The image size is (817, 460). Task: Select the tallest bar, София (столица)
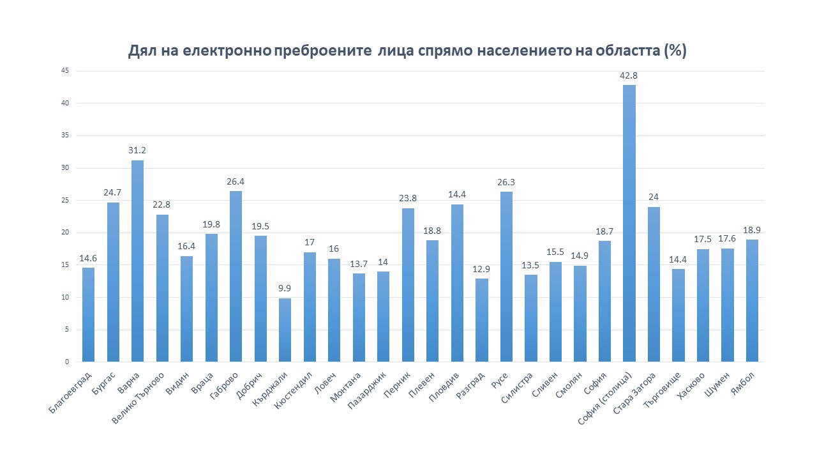[x=629, y=223]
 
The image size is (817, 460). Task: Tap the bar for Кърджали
[x=285, y=330]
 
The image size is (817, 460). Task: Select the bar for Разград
[x=482, y=320]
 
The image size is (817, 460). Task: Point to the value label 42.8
[x=629, y=75]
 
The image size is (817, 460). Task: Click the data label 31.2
[x=137, y=151]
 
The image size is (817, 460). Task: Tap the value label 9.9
[x=285, y=288]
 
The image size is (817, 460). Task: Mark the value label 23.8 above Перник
[x=408, y=198]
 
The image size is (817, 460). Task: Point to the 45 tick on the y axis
[x=65, y=71]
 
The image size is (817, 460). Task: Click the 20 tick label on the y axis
[x=65, y=233]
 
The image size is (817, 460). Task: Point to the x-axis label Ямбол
[x=744, y=383]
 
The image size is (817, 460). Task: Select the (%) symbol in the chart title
[x=675, y=51]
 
